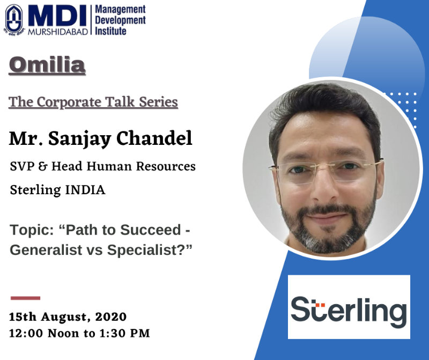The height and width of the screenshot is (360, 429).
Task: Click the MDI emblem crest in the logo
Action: click(14, 20)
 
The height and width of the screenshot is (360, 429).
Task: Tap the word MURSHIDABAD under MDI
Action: click(58, 32)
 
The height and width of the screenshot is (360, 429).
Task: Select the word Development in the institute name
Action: click(120, 20)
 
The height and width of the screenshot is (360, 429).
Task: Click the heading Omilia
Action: click(47, 65)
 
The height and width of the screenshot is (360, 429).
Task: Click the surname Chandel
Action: click(154, 138)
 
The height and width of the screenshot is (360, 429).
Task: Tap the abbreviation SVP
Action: click(21, 166)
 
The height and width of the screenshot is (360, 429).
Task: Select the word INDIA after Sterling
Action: click(85, 190)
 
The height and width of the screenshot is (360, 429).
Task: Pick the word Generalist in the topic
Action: click(46, 249)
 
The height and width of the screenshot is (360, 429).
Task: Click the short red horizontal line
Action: click(25, 298)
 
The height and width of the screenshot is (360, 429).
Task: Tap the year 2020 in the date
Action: click(111, 317)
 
